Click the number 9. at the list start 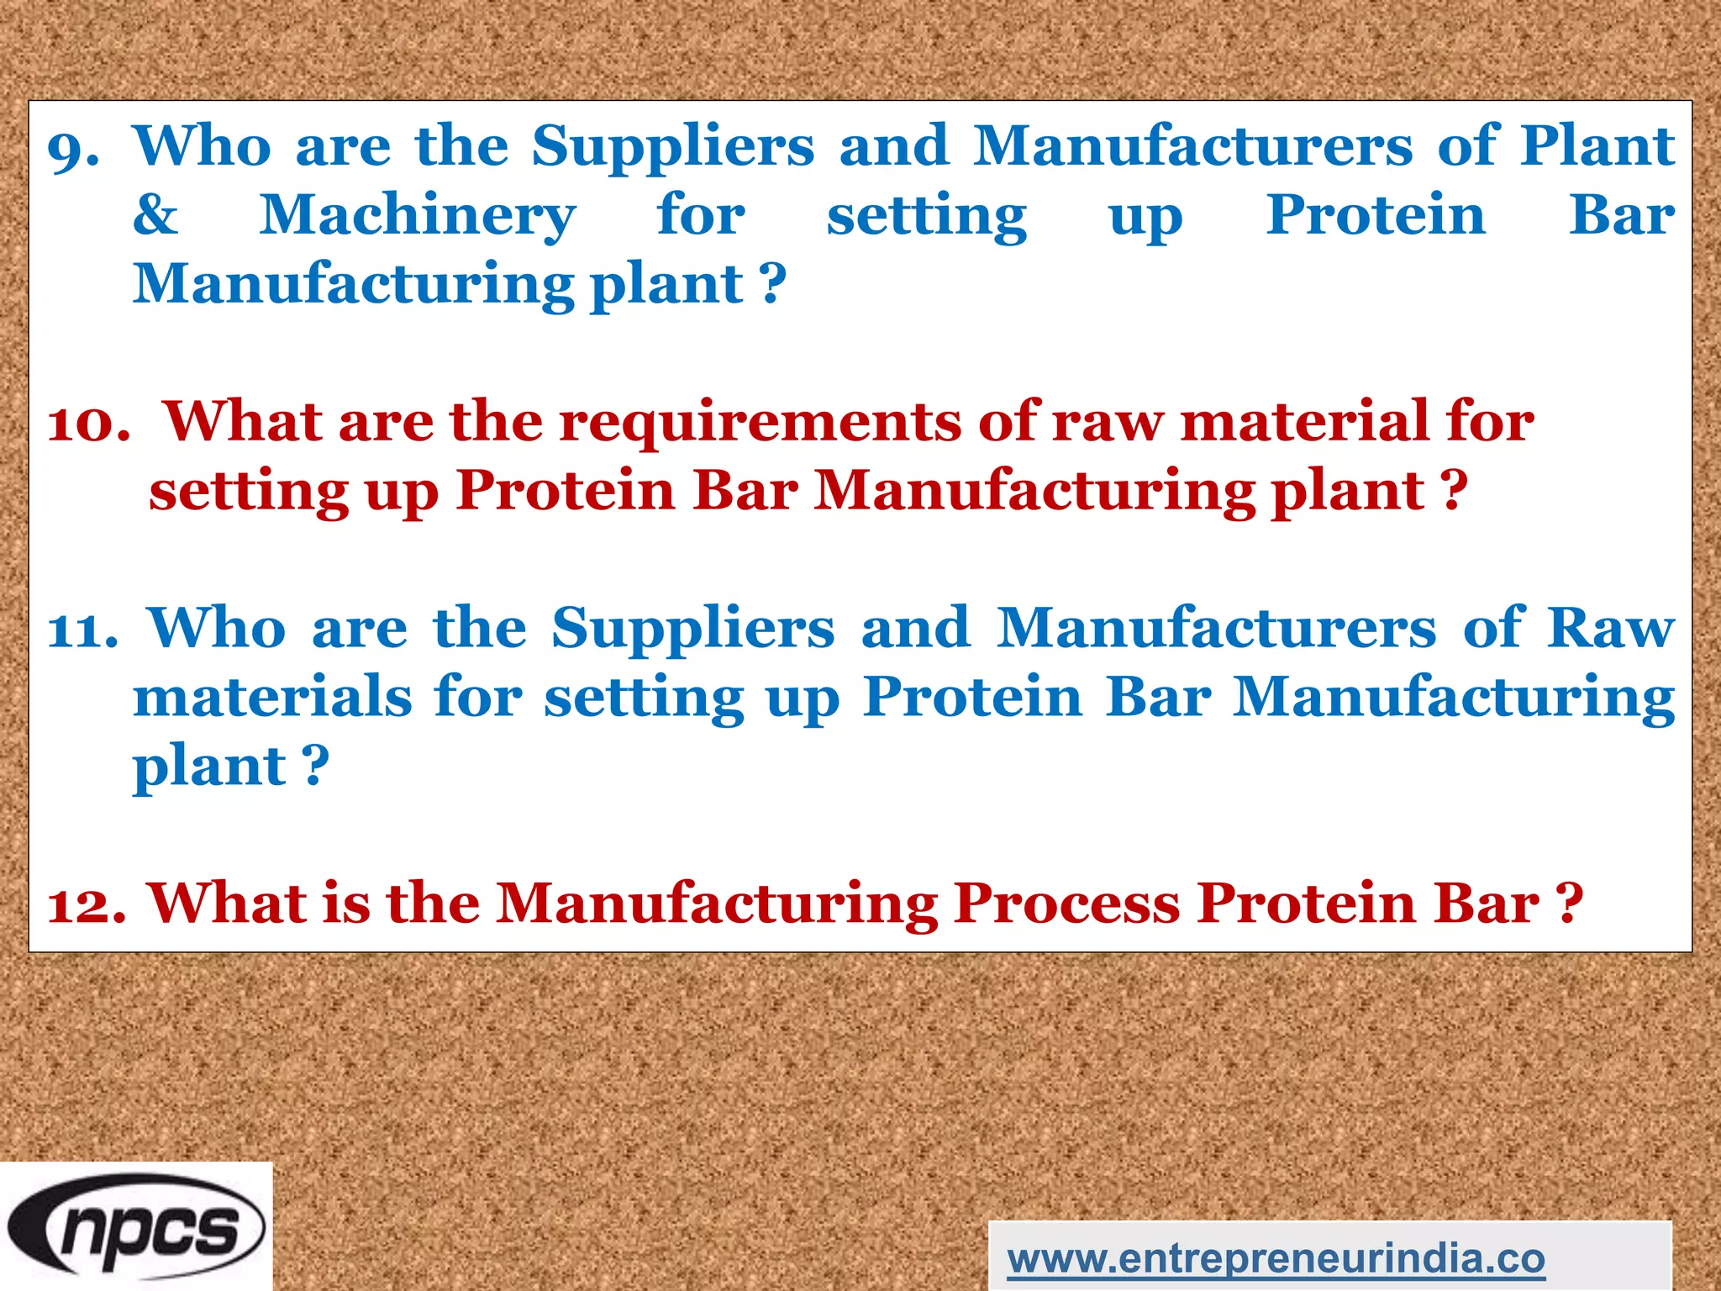click(73, 150)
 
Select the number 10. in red click(88, 423)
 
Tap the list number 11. click(82, 630)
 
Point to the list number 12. click(87, 906)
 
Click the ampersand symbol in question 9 click(155, 215)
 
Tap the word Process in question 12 click(1067, 904)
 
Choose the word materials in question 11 click(272, 698)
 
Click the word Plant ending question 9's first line click(1597, 146)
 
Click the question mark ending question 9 click(774, 284)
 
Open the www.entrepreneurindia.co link click(1276, 1259)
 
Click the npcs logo click(136, 1225)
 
